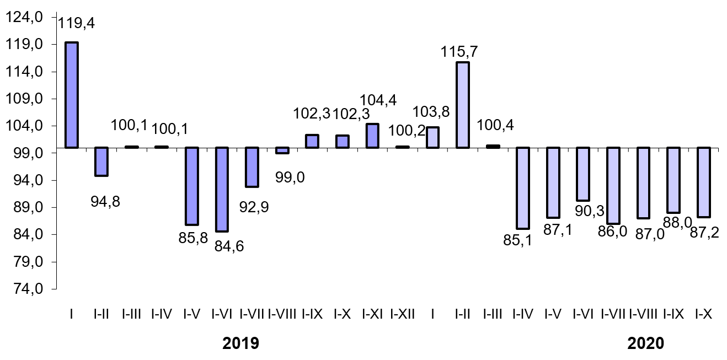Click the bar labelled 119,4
pos(72,95)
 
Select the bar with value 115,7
pos(462,105)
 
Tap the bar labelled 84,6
pos(222,189)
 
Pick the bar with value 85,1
pos(522,188)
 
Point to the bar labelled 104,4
pos(372,136)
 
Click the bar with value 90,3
pos(582,174)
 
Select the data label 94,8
pos(105,202)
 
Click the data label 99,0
pos(290,178)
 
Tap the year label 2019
pos(240,343)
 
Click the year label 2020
pos(646,343)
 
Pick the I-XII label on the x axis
pos(403,314)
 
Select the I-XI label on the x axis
pos(372,314)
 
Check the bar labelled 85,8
pos(191,186)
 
